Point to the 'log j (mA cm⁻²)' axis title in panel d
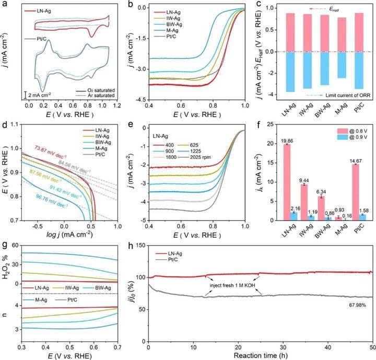click(x=71, y=228)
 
